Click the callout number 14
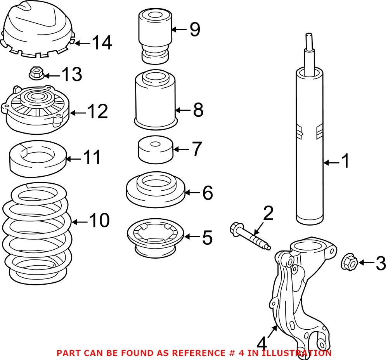click(102, 43)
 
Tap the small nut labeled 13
click(35, 73)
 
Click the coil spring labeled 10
click(37, 233)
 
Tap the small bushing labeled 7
click(155, 151)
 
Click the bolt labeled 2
click(248, 236)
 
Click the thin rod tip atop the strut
click(309, 41)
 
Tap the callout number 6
click(208, 193)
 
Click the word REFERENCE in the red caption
click(196, 353)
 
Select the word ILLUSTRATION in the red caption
click(297, 353)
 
